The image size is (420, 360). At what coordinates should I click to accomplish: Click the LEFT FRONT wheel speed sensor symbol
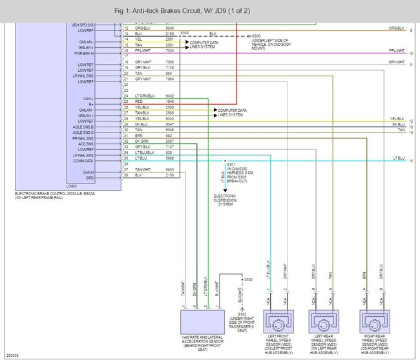click(278, 321)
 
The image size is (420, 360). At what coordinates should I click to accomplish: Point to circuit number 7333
click(169, 50)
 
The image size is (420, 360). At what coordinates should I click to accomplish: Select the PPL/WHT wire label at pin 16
click(142, 50)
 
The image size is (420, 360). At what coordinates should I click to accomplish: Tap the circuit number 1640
click(169, 102)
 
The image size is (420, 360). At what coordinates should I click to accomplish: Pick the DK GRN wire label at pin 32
click(142, 141)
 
